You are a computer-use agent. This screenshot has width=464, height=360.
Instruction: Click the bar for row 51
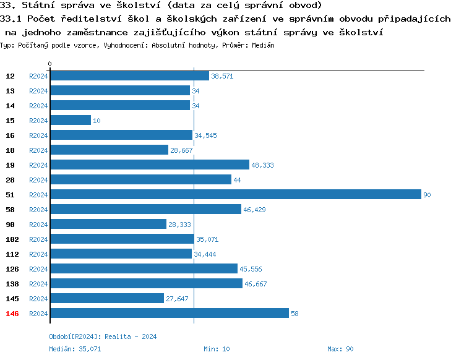tap(235, 194)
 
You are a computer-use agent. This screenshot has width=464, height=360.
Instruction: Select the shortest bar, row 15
tap(71, 120)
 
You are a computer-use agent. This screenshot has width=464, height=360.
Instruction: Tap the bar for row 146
tap(169, 313)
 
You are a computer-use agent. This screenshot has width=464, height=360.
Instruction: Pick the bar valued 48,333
tap(149, 165)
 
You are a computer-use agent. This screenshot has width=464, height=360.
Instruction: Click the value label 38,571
tap(222, 76)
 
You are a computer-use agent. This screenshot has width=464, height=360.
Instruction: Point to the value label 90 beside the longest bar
tap(427, 195)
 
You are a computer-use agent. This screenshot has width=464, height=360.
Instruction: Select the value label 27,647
tap(177, 299)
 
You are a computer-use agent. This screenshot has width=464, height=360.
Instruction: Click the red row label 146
tap(12, 314)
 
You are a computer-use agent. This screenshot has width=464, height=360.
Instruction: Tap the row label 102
tap(12, 239)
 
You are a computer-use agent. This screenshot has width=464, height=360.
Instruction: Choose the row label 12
tap(11, 76)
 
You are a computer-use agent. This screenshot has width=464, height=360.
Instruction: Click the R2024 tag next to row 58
tap(38, 210)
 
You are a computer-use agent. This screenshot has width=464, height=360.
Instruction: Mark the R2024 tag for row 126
tap(38, 269)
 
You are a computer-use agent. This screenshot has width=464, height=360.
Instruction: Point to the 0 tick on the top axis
tap(50, 64)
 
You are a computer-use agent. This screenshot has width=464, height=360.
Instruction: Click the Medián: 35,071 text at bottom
tap(75, 349)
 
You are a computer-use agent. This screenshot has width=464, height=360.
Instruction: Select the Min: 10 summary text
tap(217, 349)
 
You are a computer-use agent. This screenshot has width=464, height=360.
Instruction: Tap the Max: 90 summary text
tap(340, 349)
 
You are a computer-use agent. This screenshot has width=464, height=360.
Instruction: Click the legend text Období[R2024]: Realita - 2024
tap(103, 336)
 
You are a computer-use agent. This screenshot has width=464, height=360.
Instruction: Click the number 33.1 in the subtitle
tap(11, 19)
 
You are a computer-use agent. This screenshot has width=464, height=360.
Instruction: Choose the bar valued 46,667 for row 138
tap(146, 283)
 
